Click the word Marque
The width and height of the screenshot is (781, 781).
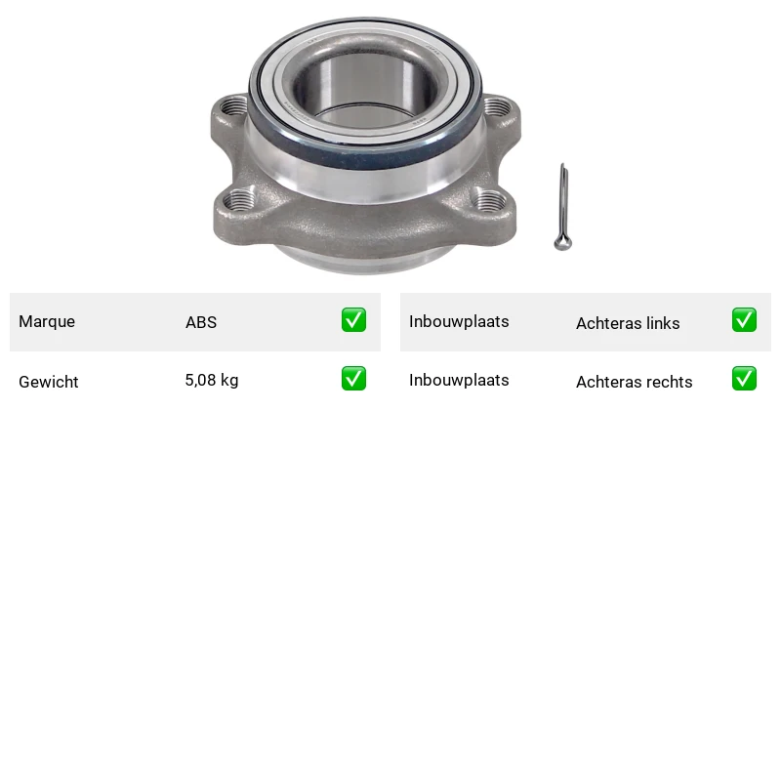tap(47, 322)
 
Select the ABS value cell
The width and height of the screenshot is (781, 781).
tap(201, 322)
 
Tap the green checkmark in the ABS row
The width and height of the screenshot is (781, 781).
tap(353, 320)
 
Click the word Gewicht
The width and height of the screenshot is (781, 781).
tap(48, 382)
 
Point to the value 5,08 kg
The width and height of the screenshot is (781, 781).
tap(212, 381)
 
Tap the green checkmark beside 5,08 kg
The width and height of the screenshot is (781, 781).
tap(353, 379)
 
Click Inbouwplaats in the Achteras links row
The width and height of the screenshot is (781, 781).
tap(459, 322)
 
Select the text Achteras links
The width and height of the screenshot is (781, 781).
tap(628, 323)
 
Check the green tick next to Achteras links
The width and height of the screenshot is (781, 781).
tap(744, 320)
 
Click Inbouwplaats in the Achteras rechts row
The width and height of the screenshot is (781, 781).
tap(459, 381)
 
